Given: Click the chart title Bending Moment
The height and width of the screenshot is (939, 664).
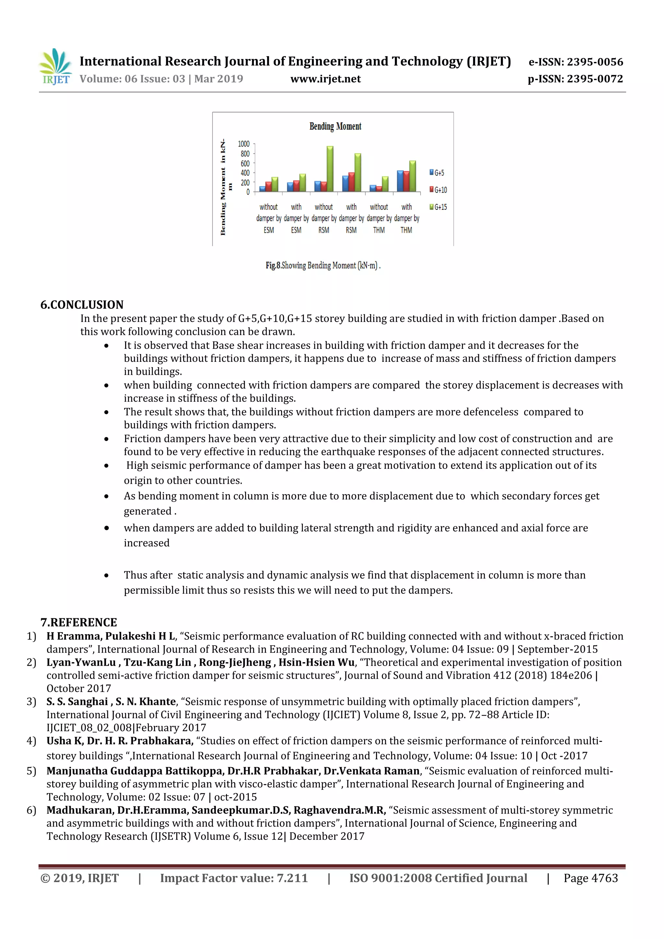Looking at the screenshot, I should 335,126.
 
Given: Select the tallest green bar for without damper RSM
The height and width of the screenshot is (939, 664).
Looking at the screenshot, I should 330,169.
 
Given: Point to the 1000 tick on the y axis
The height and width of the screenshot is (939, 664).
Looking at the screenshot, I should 244,144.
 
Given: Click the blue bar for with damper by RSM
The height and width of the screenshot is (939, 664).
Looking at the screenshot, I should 345,184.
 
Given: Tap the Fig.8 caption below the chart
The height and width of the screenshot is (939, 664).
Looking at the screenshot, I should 323,266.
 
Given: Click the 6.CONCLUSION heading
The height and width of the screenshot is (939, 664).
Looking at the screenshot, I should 82,305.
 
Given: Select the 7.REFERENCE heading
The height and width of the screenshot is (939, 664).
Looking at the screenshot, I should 78,623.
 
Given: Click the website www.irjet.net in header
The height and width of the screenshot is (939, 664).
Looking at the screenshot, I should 326,79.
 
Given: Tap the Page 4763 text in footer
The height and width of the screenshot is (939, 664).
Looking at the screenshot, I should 590,878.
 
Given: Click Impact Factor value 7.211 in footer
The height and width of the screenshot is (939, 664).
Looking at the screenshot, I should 233,878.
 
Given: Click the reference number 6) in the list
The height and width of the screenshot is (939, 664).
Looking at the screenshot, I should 31,810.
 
